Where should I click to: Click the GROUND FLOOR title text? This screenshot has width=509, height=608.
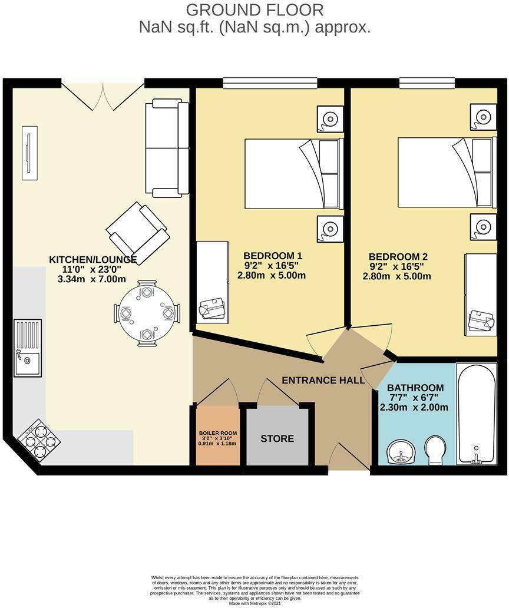pyautogui.click(x=254, y=10)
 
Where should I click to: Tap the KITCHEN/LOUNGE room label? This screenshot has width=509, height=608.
pyautogui.click(x=92, y=260)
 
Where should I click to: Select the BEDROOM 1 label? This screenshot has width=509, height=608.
pyautogui.click(x=273, y=256)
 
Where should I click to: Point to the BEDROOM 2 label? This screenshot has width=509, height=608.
pyautogui.click(x=398, y=257)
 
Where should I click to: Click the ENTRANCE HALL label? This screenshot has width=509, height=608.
pyautogui.click(x=323, y=381)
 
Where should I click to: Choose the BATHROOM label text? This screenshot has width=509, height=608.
pyautogui.click(x=415, y=388)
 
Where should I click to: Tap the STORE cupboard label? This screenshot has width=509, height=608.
pyautogui.click(x=277, y=439)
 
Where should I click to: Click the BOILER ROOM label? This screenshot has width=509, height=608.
pyautogui.click(x=218, y=434)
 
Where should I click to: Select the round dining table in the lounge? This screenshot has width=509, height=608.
pyautogui.click(x=147, y=313)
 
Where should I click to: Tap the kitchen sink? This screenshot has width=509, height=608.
pyautogui.click(x=27, y=348)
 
